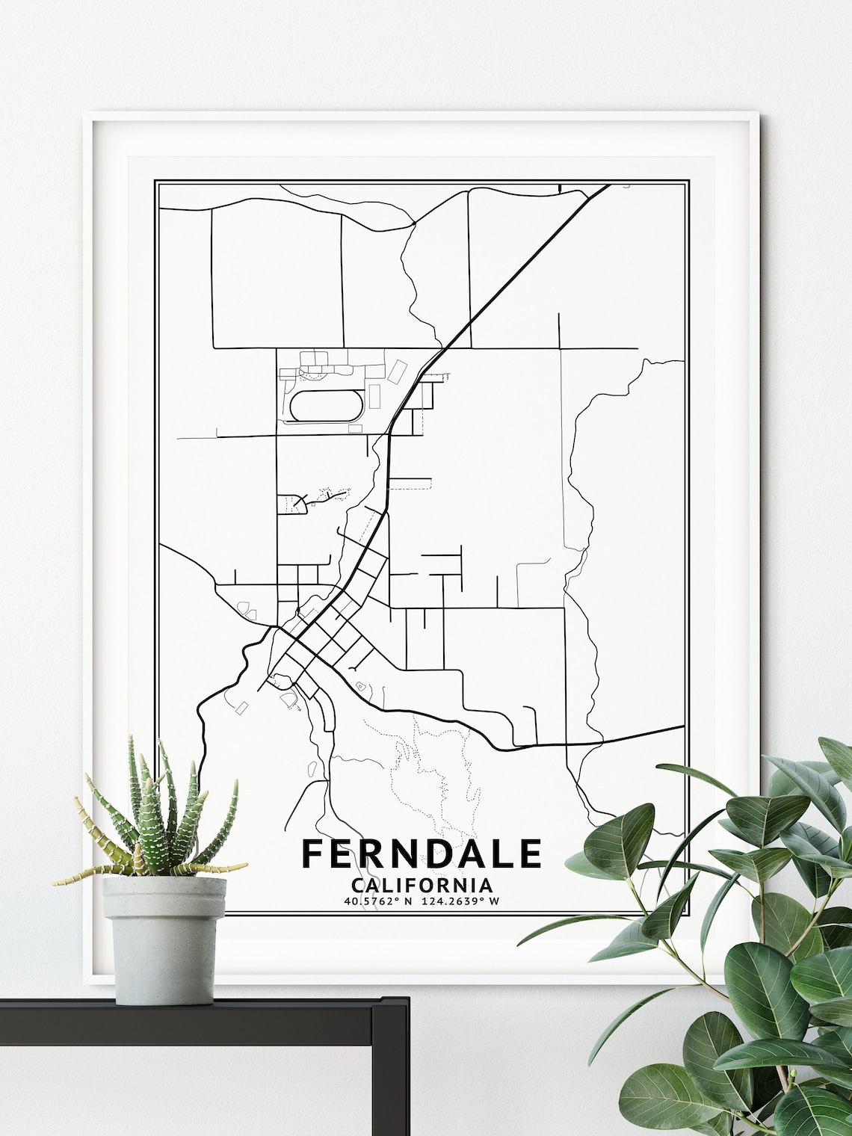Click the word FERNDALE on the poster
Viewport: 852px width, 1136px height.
[x=422, y=854]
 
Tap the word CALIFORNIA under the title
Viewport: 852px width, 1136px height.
[x=422, y=886]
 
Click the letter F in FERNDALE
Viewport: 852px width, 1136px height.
[x=313, y=854]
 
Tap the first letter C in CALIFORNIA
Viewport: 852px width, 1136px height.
[x=356, y=886]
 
